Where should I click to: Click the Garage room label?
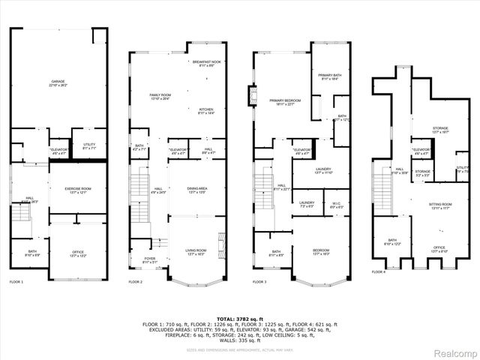pos(57,82)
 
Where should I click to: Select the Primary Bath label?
pos(330,77)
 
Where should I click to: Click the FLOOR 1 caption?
pos(16,282)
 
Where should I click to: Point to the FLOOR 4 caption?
pos(379,271)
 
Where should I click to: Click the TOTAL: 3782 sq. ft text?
pos(240,318)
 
